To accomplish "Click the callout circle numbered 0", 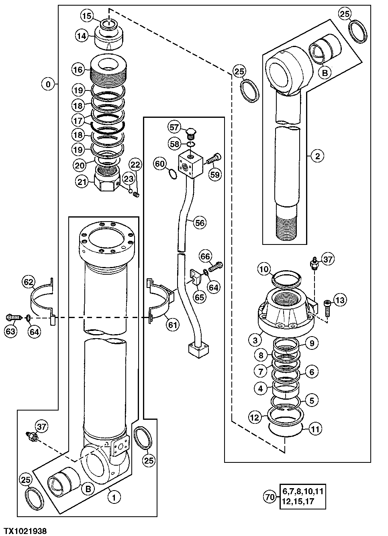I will point(48,84).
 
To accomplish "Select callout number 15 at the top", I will point(87,16).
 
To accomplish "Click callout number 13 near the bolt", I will point(340,300).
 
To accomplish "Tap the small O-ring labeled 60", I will point(172,174).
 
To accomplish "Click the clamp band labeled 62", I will point(42,300).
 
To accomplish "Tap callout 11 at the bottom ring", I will point(315,429).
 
